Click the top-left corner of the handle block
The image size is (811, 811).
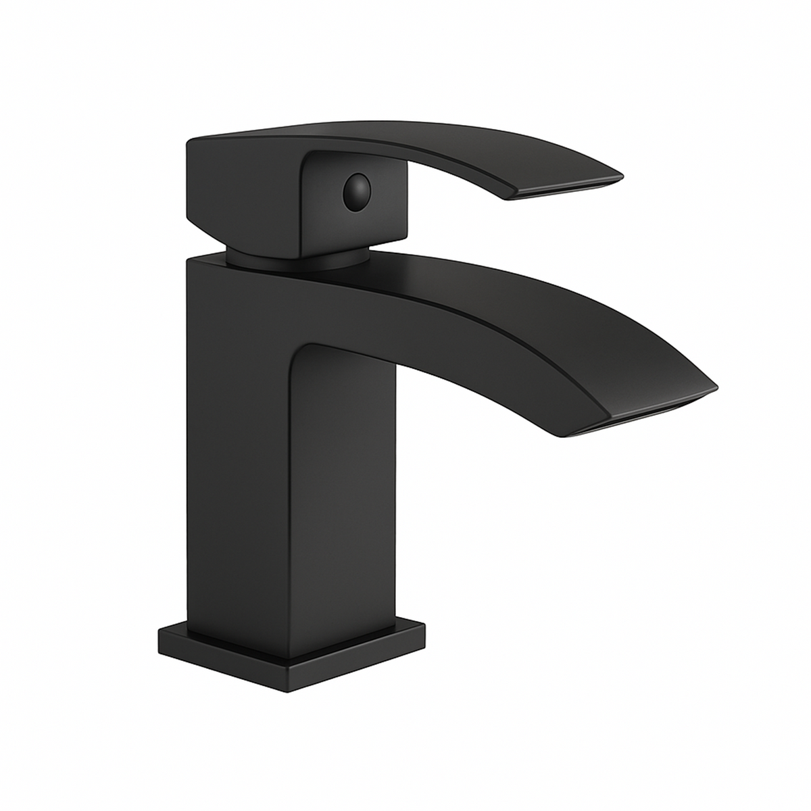click(x=190, y=125)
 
